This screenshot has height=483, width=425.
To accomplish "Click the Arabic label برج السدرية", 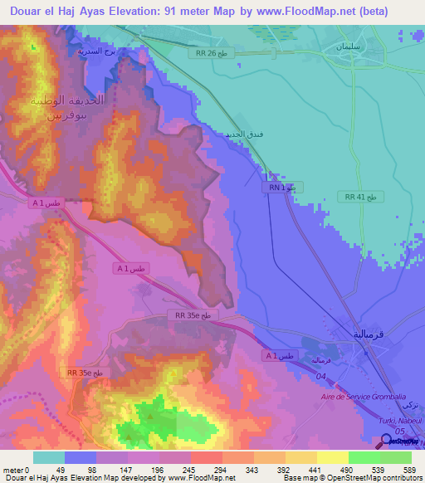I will tap(94, 51).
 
